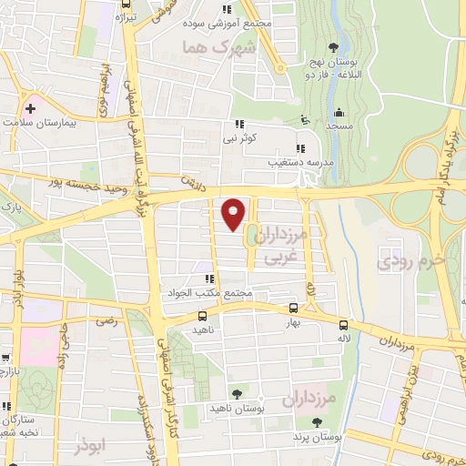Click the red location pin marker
pos(234,213)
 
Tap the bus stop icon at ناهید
pos(202,316)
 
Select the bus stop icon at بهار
pos(292,308)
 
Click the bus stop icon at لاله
pos(343,325)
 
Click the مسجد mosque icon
pos(338,112)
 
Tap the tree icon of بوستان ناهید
pos(238,393)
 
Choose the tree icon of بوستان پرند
pos(316,422)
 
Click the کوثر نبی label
pos(241,138)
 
